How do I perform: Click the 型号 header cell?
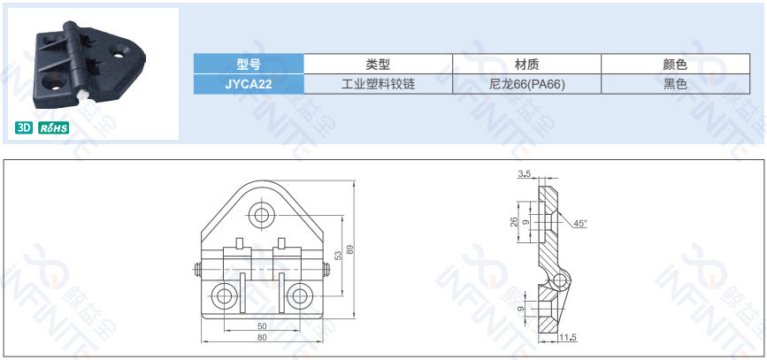(x=249, y=64)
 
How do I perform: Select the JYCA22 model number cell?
(x=249, y=84)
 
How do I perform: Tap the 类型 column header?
(x=378, y=64)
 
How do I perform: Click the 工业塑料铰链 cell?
(x=378, y=84)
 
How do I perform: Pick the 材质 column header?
(x=527, y=64)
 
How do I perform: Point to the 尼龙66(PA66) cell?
(x=527, y=84)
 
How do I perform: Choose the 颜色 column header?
(x=676, y=64)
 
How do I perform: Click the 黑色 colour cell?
(x=676, y=84)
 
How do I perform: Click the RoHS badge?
(x=54, y=128)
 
